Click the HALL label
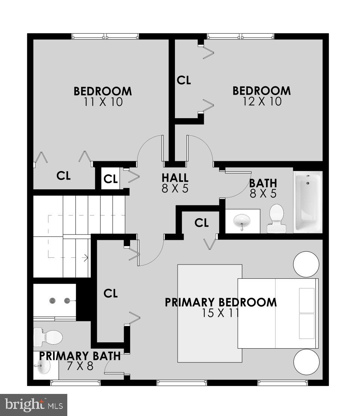175,177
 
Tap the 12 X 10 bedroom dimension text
262,101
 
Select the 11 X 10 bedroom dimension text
103,102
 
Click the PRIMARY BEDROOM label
221,302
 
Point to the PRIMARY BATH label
80,356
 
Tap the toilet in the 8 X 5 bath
277,218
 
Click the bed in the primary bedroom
278,313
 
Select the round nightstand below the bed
306,362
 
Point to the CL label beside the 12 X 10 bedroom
184,80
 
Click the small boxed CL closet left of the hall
111,179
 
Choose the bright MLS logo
33,404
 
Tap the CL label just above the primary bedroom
201,223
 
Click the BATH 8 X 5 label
263,188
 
